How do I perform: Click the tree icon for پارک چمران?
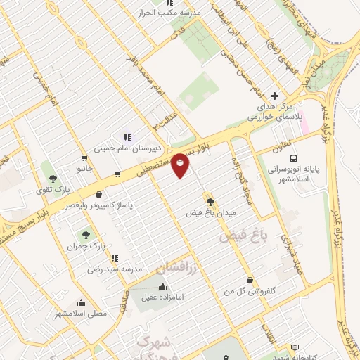(86, 234)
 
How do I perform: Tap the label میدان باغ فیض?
(211, 212)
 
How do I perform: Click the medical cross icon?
(274, 96)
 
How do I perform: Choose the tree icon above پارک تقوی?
(50, 167)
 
